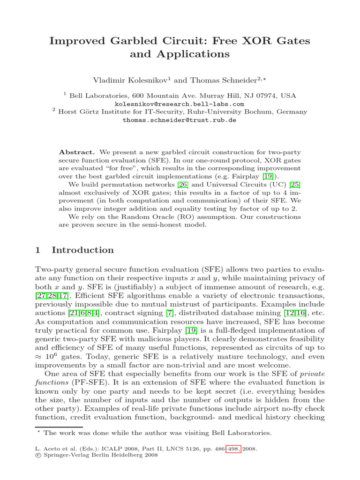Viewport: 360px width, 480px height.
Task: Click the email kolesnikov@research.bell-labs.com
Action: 180,104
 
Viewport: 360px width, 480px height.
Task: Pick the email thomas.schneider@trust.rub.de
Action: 180,120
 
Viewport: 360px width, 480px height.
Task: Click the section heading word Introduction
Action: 82,250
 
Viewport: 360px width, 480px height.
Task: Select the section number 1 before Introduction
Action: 38,250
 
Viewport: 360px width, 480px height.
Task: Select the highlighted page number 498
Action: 232,449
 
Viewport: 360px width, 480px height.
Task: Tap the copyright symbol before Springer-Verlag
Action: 38,455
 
